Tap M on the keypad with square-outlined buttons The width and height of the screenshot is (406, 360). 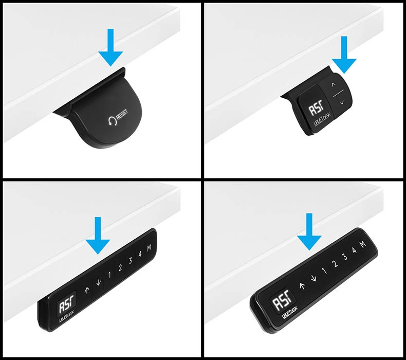pos(149,249)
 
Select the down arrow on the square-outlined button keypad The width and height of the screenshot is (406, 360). pos(99,281)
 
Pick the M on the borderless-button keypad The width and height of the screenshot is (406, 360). pos(363,244)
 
